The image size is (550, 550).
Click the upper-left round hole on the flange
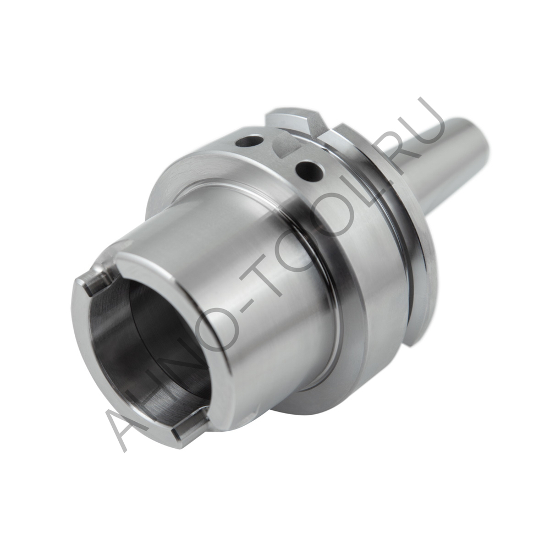click(x=249, y=141)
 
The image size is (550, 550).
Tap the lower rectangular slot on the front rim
click(x=190, y=426)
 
